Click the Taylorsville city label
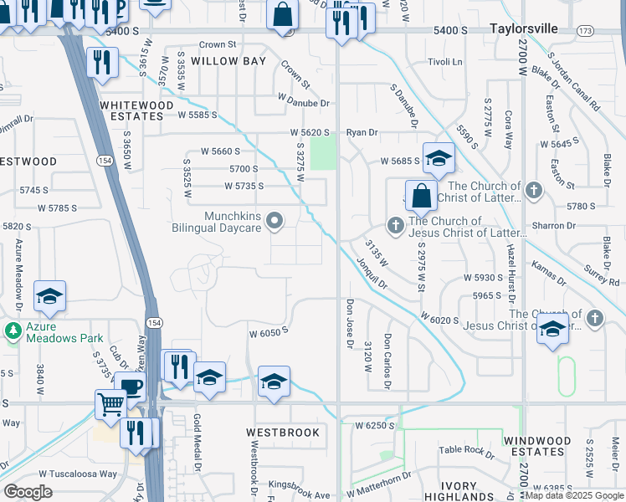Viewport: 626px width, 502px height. (523, 28)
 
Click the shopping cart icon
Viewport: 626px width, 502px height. (110, 404)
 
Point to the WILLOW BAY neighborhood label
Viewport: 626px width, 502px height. (228, 61)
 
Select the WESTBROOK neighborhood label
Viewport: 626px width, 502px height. (283, 433)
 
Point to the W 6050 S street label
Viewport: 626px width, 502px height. (268, 332)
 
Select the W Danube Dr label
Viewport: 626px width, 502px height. (304, 103)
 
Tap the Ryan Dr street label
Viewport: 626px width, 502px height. (362, 132)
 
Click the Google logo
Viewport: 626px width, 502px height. (28, 492)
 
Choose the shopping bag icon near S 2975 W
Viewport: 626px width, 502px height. (422, 197)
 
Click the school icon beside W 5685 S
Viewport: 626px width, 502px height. (439, 157)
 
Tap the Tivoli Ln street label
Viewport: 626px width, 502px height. (444, 62)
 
